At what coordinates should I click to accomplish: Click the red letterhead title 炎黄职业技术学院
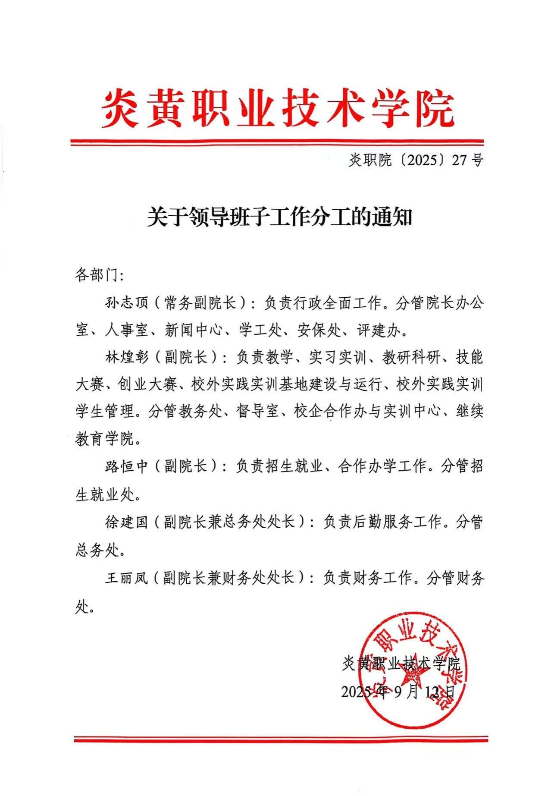[x=278, y=108]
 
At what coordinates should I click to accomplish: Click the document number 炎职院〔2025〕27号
[x=416, y=160]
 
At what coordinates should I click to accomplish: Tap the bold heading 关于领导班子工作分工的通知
[x=279, y=217]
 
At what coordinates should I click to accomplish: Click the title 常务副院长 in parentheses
[x=200, y=303]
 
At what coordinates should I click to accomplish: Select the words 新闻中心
[x=194, y=330]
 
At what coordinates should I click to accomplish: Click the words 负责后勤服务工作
[x=382, y=522]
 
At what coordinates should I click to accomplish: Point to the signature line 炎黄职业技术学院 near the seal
[x=401, y=664]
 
